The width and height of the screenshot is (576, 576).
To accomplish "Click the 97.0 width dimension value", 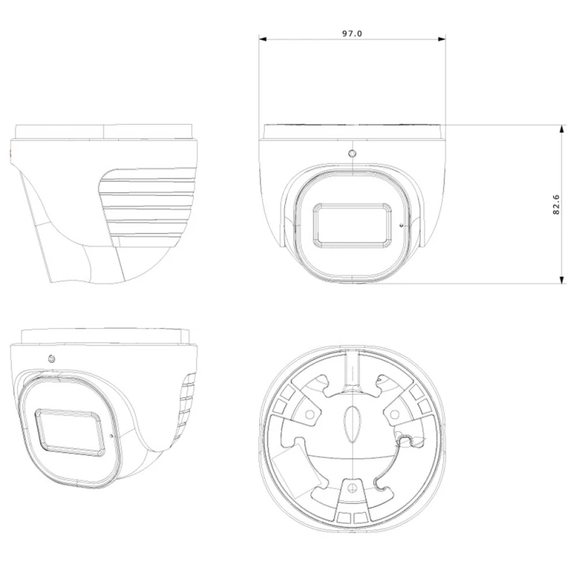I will pyautogui.click(x=353, y=33).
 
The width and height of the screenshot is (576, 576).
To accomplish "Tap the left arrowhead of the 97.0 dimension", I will pyautogui.click(x=263, y=40).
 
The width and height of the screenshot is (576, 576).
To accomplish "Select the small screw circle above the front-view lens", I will pyautogui.click(x=352, y=154).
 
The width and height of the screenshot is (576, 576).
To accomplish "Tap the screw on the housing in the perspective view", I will pyautogui.click(x=52, y=359).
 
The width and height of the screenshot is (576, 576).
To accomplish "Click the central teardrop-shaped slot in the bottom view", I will pyautogui.click(x=351, y=425).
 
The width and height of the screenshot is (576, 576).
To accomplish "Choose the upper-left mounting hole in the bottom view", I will pyautogui.click(x=308, y=413).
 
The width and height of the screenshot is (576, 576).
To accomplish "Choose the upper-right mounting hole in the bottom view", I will pyautogui.click(x=395, y=413).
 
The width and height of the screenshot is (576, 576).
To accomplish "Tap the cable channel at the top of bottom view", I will pyautogui.click(x=352, y=367).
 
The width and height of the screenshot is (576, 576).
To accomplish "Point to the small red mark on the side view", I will pyautogui.click(x=10, y=154).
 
